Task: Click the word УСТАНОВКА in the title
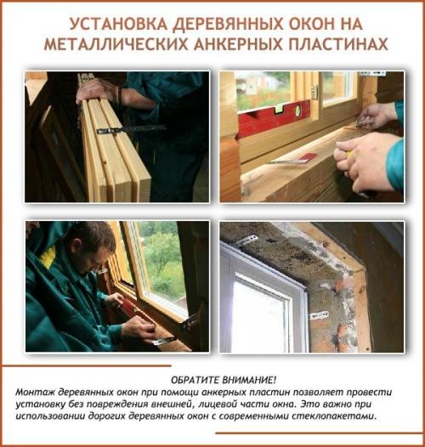tap(112, 23)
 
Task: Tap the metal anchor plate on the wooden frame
tap(127, 130)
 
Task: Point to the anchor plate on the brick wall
tap(320, 315)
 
